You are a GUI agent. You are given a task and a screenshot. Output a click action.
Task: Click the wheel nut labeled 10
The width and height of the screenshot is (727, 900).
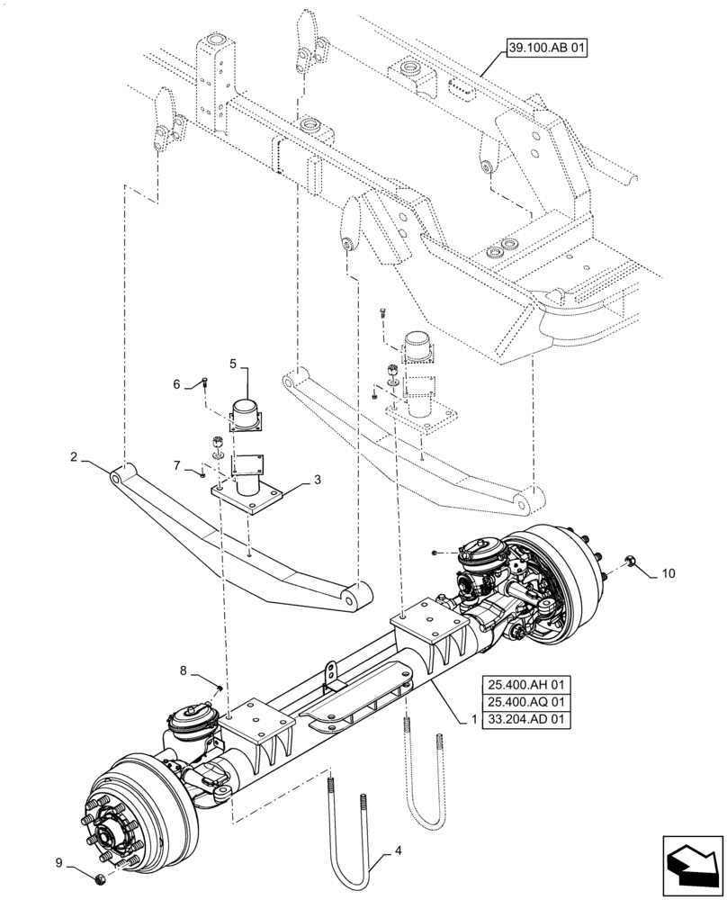tap(631, 563)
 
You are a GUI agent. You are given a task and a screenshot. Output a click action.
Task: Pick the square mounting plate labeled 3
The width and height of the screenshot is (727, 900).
tap(248, 496)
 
